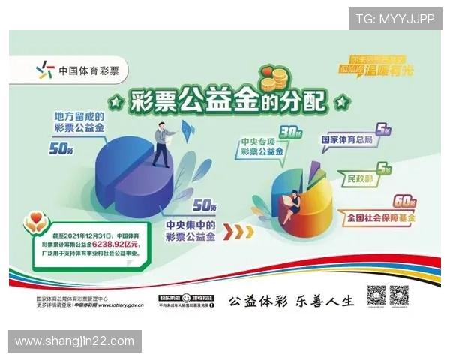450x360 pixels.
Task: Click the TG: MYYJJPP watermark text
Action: pos(394,18)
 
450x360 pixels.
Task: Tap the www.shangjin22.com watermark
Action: pos(74,341)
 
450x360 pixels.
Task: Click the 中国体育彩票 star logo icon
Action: pos(46,71)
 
